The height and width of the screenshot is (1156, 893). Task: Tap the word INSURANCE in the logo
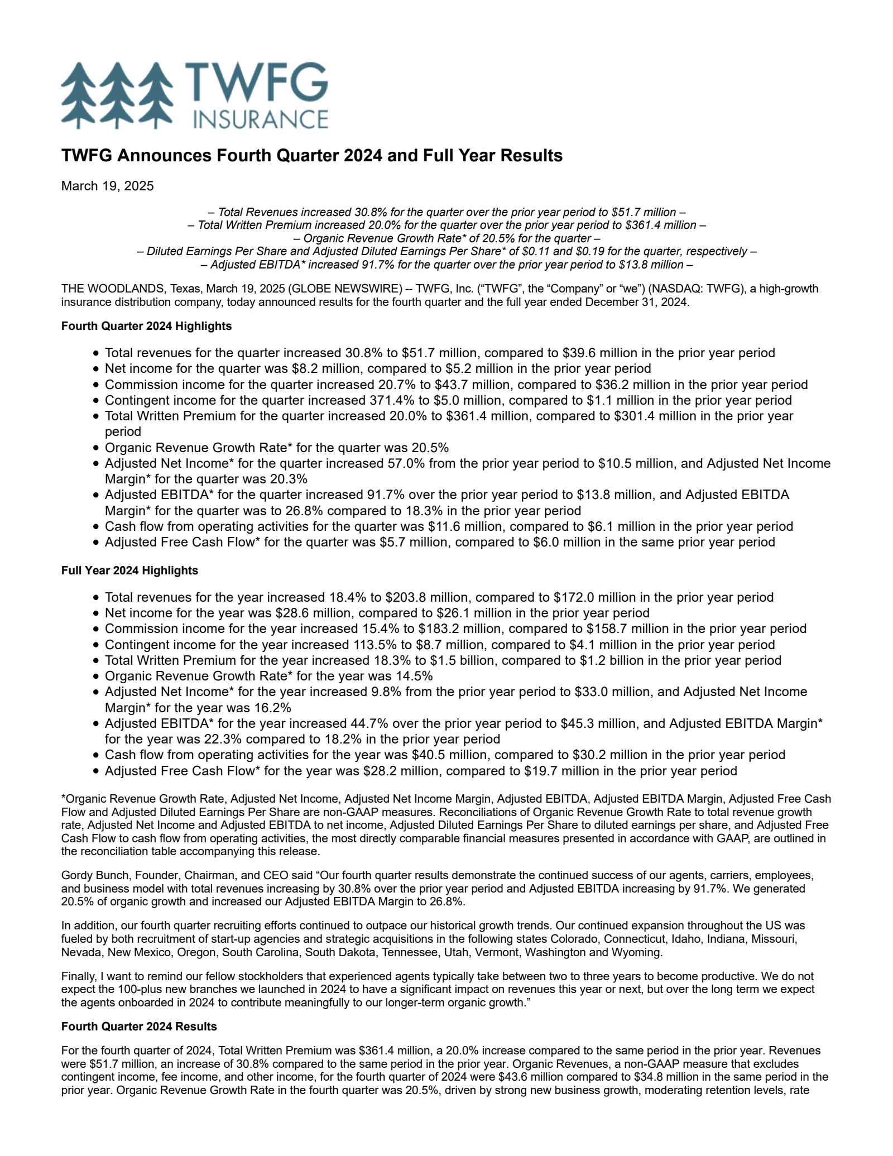coord(260,119)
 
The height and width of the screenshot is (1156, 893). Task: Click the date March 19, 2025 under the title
coord(107,186)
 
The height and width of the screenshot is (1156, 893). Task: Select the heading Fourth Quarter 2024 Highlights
coord(146,326)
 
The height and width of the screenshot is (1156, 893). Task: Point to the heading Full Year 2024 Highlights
coord(129,570)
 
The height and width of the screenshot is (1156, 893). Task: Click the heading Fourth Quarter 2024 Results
coord(139,1027)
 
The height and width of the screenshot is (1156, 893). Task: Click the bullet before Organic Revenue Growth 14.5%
coord(97,677)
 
